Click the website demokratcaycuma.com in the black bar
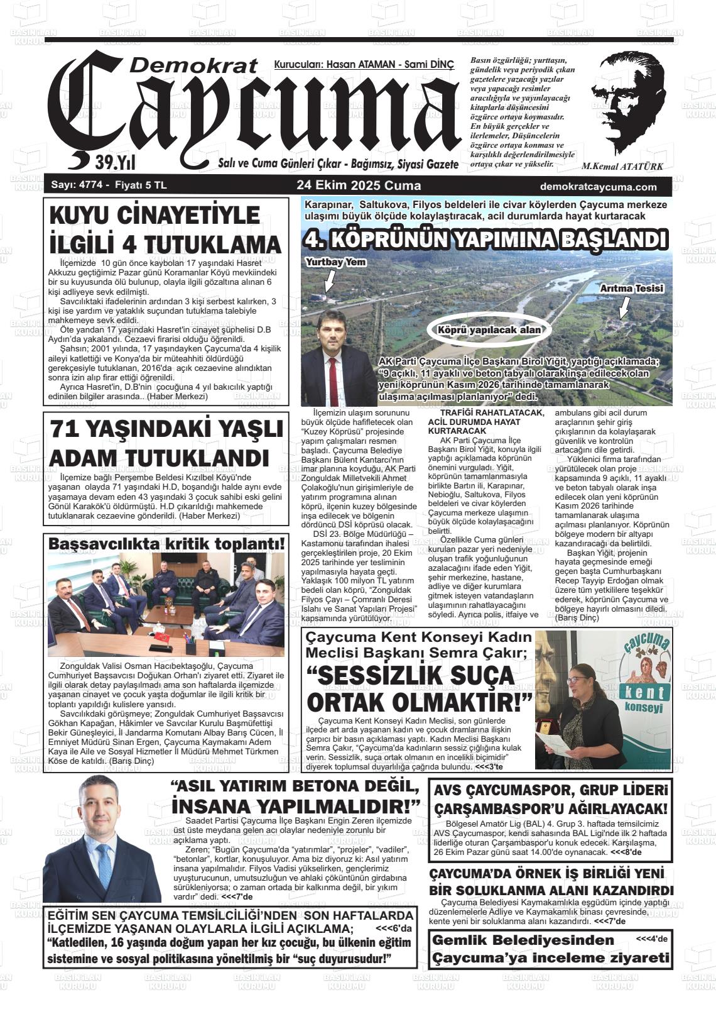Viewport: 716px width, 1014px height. coord(598,187)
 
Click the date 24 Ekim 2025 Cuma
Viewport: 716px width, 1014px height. coord(359,186)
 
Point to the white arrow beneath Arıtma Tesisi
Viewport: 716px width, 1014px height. coord(624,308)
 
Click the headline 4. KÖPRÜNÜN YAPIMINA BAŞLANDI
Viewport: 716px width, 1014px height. coord(484,241)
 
